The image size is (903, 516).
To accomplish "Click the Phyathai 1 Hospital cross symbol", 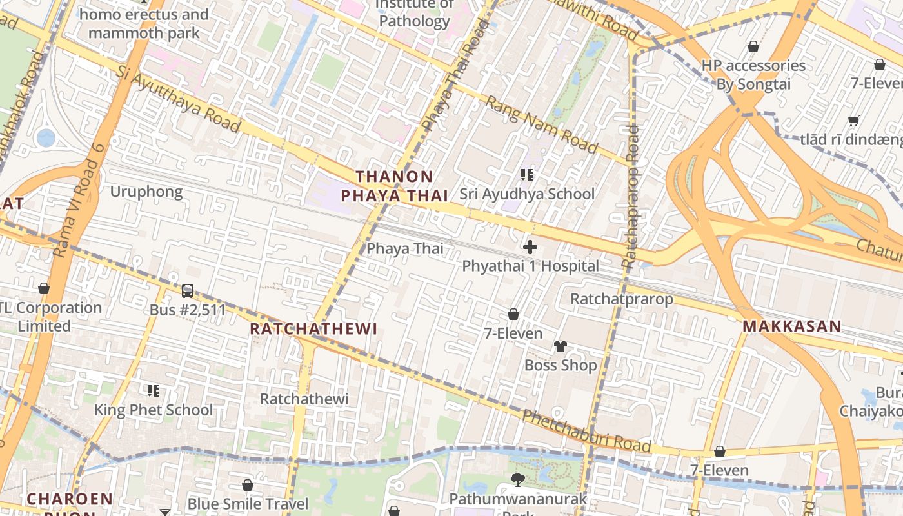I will tap(530, 247).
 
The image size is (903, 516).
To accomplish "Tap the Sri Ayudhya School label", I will tap(527, 194).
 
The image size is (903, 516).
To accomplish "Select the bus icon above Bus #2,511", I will tap(188, 291).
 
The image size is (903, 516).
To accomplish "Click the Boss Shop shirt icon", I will tap(560, 346).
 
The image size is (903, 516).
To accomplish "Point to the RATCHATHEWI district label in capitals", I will tap(313, 329).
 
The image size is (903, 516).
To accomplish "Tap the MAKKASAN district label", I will tap(791, 326).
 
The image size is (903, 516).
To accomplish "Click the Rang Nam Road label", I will tap(541, 124).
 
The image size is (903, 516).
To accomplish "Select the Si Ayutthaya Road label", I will tap(179, 99).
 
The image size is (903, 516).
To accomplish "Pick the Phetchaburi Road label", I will tap(586, 431).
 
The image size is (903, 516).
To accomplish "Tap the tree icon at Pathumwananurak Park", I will tap(517, 479).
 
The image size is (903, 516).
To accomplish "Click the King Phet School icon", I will tap(154, 390).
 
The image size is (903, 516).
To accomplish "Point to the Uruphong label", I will tap(146, 192).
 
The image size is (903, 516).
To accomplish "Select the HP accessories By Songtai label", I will tap(753, 75).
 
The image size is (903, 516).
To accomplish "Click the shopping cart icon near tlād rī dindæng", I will tap(854, 121).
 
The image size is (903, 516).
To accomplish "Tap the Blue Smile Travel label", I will tap(248, 504).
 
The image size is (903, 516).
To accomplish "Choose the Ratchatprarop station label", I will tap(622, 299).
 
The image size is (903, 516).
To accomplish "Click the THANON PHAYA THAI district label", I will tap(394, 186).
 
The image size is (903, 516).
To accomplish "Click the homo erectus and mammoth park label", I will tap(144, 23).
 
